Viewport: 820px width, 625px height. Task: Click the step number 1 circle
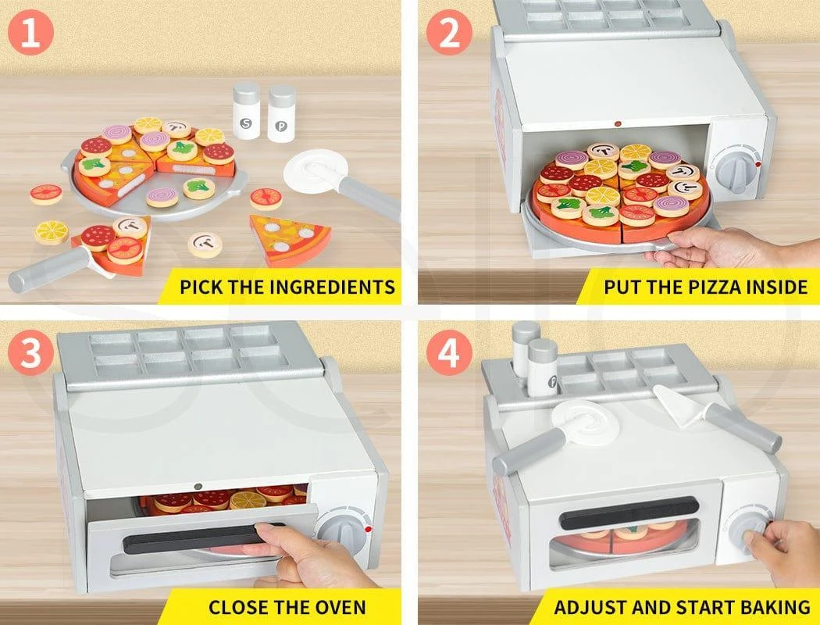point(30,33)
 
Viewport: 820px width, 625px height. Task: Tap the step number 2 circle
point(449,33)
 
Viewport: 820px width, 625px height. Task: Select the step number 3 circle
point(30,352)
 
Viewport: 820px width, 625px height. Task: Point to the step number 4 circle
point(449,352)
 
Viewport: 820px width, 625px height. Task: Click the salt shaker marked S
point(246,112)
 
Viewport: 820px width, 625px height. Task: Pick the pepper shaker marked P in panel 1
point(282,114)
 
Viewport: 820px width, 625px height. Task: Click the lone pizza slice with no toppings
point(289,240)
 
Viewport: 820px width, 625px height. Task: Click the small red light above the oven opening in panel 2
point(618,124)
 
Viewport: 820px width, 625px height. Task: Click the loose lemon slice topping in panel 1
point(52,233)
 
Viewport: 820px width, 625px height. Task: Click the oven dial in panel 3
point(342,529)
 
